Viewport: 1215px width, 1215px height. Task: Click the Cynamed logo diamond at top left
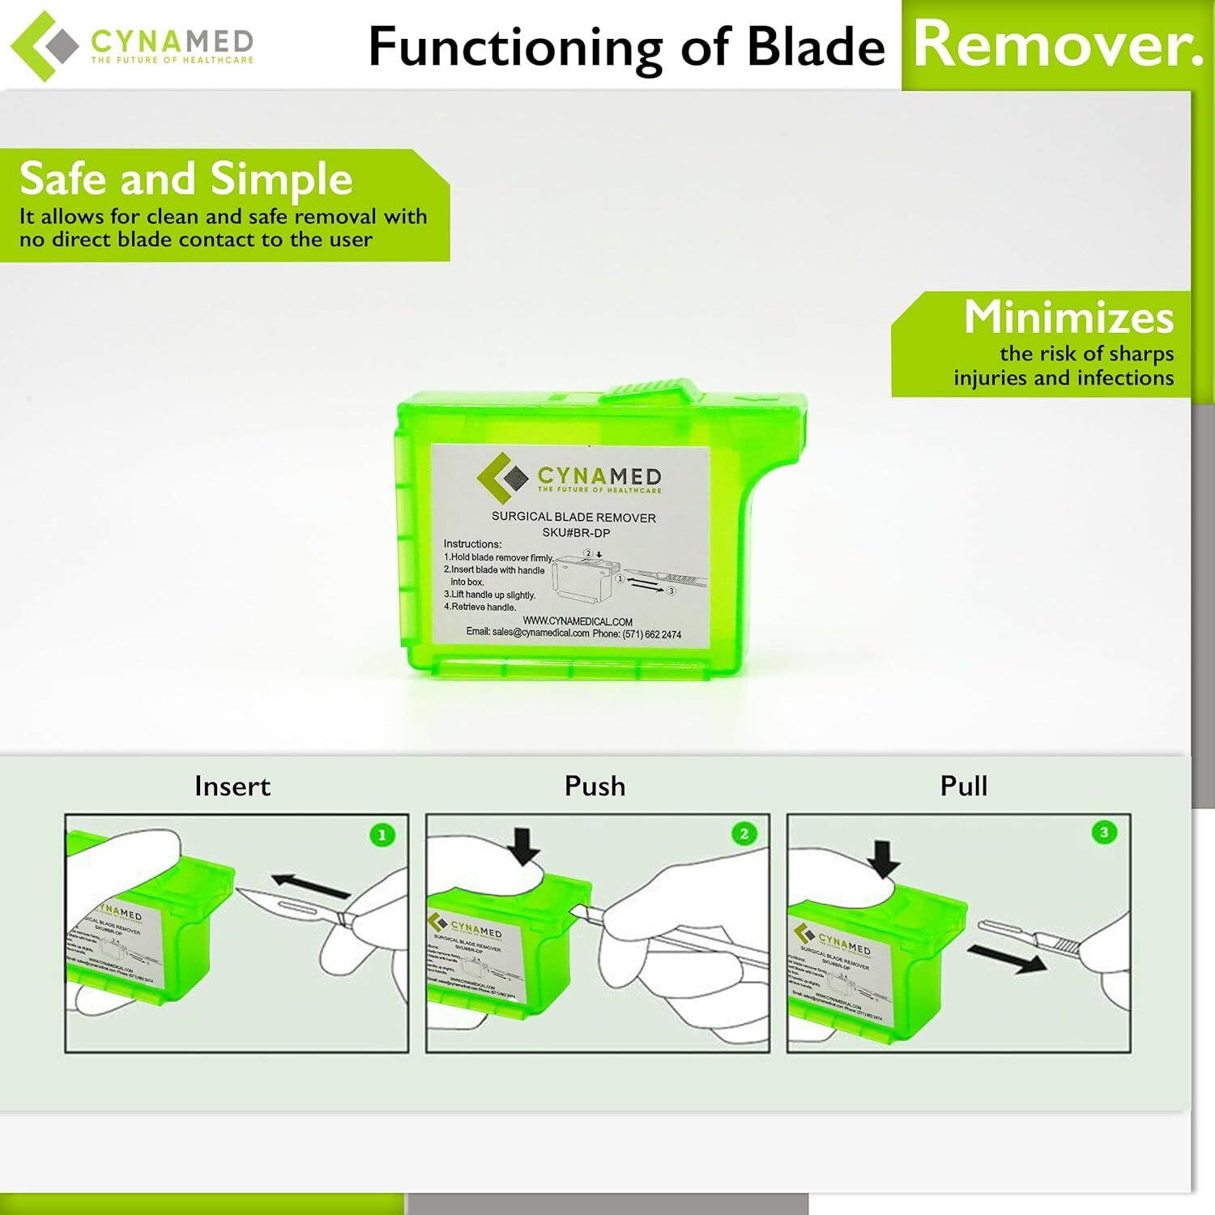(44, 45)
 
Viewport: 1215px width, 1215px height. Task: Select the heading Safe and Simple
(185, 178)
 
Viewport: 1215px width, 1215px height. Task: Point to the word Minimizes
(1068, 317)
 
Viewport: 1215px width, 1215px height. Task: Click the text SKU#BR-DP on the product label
(576, 533)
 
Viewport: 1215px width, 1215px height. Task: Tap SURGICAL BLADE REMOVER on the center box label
(573, 517)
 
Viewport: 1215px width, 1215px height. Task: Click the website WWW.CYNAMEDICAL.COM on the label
(578, 621)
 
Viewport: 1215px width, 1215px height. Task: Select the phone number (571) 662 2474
(651, 634)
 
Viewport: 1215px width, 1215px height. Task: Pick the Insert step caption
(232, 786)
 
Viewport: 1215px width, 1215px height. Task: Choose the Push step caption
(595, 786)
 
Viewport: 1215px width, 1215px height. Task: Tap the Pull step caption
(963, 786)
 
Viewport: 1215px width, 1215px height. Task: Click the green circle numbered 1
(382, 835)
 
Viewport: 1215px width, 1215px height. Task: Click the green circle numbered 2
(744, 834)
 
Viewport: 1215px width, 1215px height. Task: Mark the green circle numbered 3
(1104, 833)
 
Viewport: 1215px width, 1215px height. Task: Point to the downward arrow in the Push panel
(525, 846)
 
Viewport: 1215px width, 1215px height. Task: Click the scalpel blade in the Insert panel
(283, 904)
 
